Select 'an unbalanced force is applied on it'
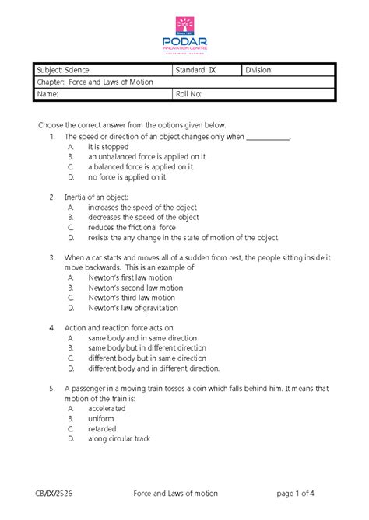146,156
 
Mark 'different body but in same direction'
147,358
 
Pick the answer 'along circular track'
119,438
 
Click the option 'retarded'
102,428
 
